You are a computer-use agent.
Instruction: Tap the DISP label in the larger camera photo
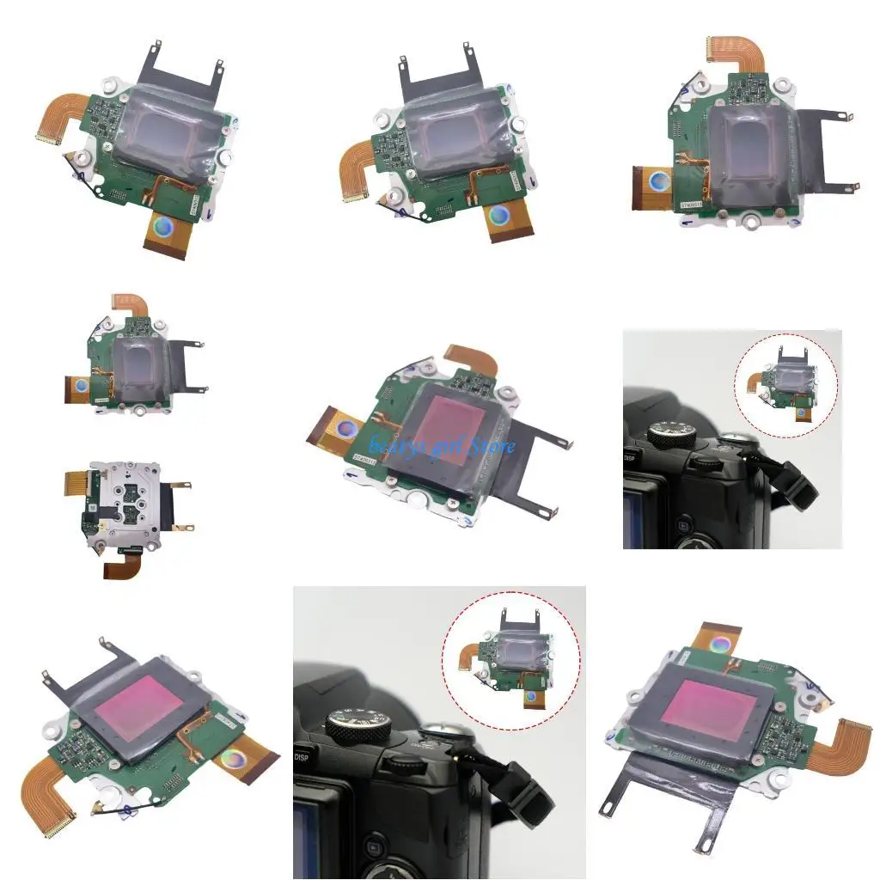[302, 757]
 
